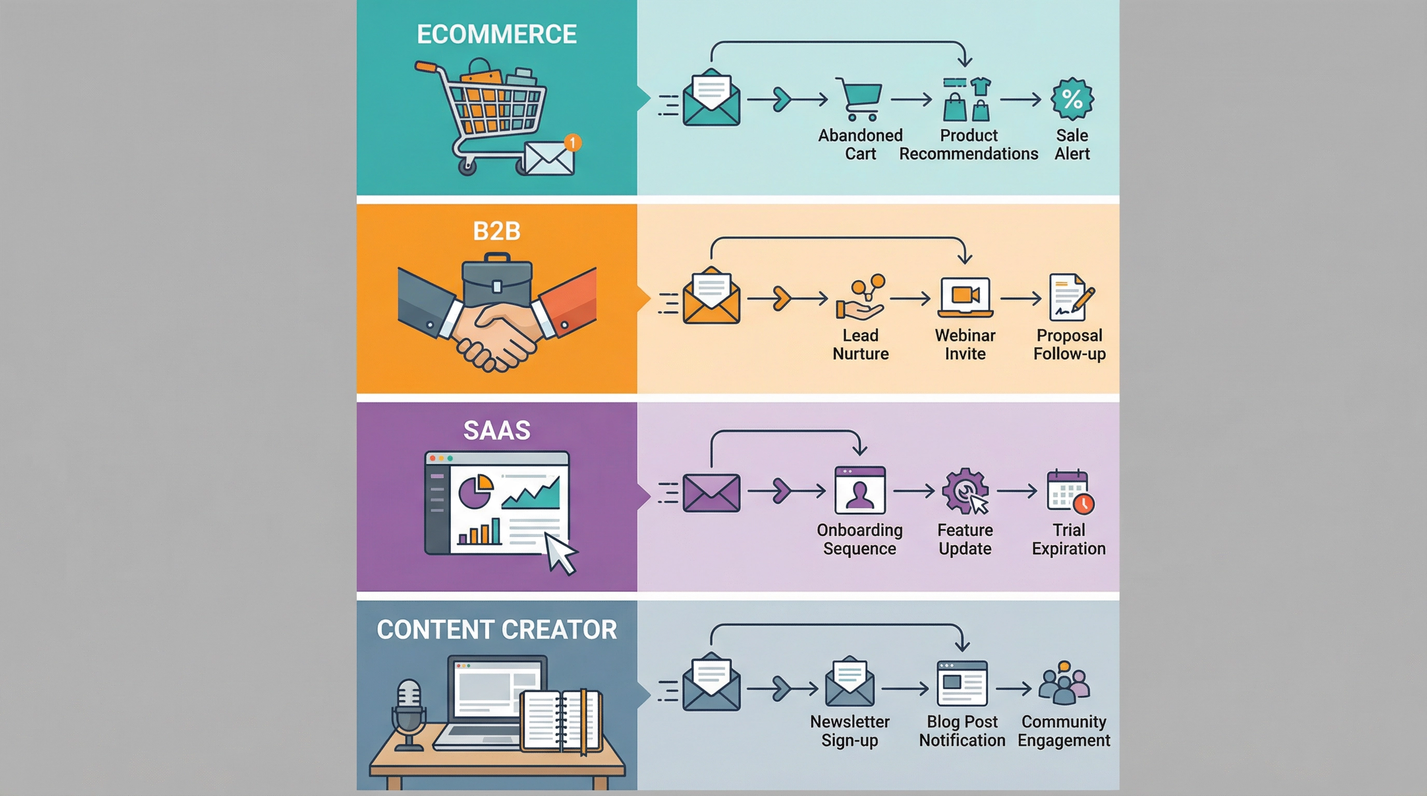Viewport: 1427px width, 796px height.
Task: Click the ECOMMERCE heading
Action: click(496, 34)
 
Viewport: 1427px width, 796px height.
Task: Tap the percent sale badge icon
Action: click(1072, 99)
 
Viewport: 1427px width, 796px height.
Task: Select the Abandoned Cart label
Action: click(860, 144)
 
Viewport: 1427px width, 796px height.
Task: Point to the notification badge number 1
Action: click(572, 143)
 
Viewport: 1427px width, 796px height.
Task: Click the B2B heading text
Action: click(496, 231)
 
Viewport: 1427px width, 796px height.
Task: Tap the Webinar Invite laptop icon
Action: click(965, 298)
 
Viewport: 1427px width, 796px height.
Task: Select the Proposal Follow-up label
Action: click(1069, 344)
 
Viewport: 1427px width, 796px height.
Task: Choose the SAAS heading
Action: click(496, 431)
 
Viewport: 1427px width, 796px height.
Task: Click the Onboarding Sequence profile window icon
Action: click(860, 490)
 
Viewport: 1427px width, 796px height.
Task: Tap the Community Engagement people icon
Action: click(1064, 684)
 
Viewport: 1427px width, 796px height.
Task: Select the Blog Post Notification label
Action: click(962, 731)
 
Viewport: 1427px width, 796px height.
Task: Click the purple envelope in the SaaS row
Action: click(711, 493)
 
